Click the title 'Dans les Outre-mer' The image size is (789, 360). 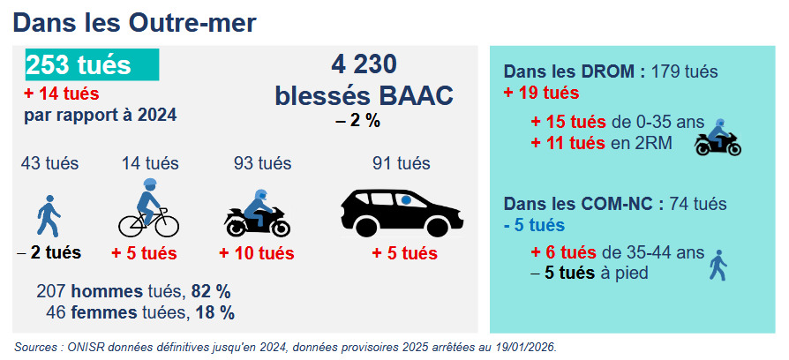tap(134, 23)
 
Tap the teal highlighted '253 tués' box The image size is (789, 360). tap(93, 65)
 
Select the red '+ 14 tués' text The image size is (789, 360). tap(62, 94)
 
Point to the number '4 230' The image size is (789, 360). tap(364, 64)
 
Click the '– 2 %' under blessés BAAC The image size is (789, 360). tap(358, 121)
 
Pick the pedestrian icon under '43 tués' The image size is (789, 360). tap(49, 216)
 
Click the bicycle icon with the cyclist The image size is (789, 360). tap(148, 207)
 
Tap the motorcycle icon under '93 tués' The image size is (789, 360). tap(257, 214)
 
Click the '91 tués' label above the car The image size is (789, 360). tap(401, 163)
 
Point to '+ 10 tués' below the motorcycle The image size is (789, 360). tap(257, 253)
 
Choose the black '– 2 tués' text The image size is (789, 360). tap(49, 253)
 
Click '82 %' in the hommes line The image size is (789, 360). tap(211, 291)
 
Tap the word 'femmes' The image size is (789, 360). tap(104, 312)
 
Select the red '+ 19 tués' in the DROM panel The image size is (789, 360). tap(541, 93)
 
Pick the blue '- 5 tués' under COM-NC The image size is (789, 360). tap(535, 225)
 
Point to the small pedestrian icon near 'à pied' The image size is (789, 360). tap(718, 265)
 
